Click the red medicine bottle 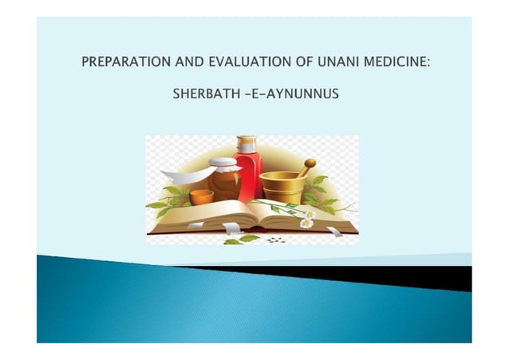[x=248, y=174]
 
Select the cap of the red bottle [x=248, y=140]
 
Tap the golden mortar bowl [x=281, y=188]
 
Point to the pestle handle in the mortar [x=306, y=165]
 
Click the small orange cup [x=200, y=196]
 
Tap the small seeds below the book [x=275, y=239]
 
